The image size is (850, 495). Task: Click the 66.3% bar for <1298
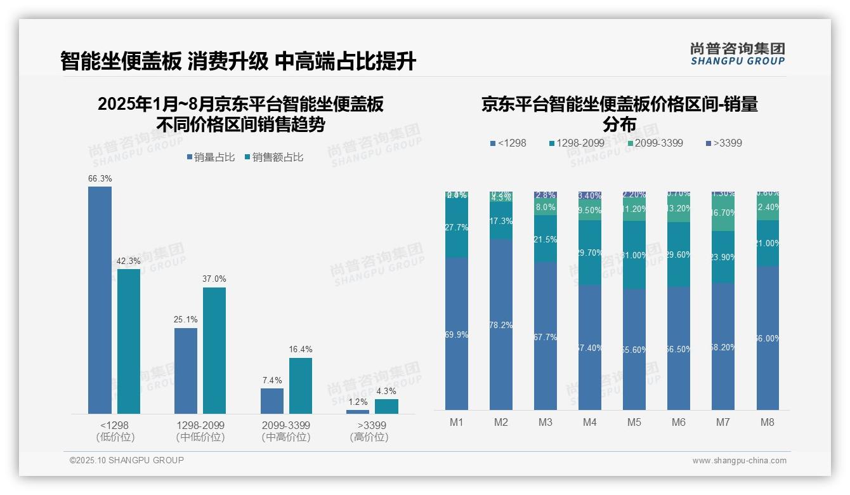100,300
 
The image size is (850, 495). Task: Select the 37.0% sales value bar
214,350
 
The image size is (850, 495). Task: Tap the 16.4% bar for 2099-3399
301,385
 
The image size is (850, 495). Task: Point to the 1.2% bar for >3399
358,411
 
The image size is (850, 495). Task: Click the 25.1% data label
186,319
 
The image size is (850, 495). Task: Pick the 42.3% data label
129,261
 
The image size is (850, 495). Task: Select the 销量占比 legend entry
211,157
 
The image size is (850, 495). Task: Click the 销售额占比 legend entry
273,157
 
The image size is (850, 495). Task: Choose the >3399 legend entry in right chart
724,143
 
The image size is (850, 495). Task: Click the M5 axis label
634,423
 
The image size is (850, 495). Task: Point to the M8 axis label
768,423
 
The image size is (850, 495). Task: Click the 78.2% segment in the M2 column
501,324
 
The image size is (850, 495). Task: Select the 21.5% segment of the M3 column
546,239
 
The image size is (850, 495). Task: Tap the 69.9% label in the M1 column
457,334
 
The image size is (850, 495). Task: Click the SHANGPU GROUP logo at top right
737,53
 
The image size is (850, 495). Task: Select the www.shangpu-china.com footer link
739,461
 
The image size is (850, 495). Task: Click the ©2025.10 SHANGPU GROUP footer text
127,460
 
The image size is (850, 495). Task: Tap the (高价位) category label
369,437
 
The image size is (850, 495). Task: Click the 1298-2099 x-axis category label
200,425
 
